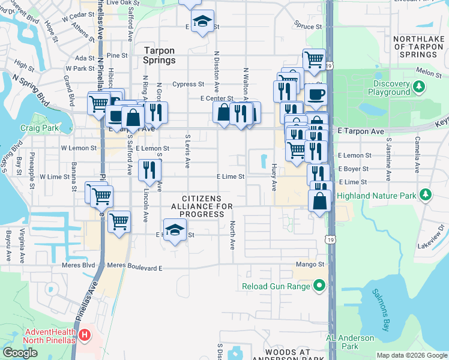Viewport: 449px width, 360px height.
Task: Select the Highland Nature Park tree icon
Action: click(x=426, y=195)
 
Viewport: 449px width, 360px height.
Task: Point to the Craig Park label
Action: click(x=39, y=128)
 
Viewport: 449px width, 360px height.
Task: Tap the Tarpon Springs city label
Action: click(x=160, y=56)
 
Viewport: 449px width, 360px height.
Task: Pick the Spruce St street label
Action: click(x=305, y=25)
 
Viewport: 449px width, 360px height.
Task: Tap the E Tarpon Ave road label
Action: click(x=360, y=130)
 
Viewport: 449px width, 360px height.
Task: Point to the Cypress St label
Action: click(x=188, y=85)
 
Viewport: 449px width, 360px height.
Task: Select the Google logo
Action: click(x=20, y=353)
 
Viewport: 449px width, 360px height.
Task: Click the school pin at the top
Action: click(x=203, y=22)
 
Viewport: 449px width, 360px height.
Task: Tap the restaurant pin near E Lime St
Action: click(x=149, y=170)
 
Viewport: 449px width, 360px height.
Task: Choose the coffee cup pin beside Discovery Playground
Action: click(x=316, y=94)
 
